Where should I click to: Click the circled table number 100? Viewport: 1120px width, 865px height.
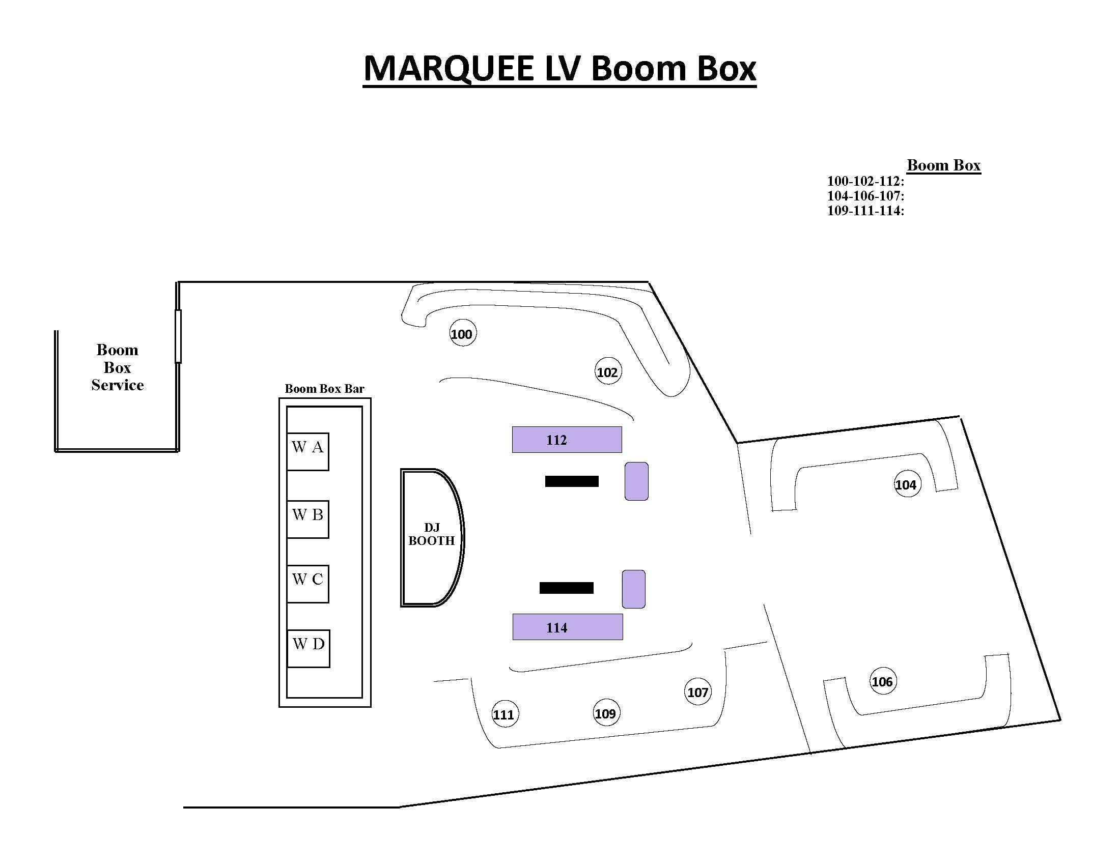[x=463, y=333]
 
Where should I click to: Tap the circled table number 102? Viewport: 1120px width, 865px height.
[x=608, y=371]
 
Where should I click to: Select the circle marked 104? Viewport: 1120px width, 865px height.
[x=907, y=484]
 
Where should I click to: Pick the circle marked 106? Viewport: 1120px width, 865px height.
[x=883, y=681]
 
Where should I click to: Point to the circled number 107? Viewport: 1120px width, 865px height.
[x=698, y=692]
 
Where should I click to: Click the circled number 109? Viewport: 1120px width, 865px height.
[x=606, y=713]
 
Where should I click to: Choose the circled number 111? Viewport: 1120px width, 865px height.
[x=504, y=714]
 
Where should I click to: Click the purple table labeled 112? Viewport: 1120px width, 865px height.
[x=567, y=440]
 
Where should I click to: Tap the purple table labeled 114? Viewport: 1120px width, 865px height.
[x=568, y=627]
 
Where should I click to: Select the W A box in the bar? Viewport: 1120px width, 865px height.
[x=307, y=451]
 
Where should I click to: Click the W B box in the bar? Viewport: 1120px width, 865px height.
[x=307, y=519]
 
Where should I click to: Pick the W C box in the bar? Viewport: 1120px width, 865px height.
[x=307, y=584]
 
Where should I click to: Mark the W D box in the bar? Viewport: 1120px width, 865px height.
[x=308, y=648]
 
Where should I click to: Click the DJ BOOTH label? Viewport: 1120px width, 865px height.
[x=431, y=534]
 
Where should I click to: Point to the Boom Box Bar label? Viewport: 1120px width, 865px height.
[x=324, y=389]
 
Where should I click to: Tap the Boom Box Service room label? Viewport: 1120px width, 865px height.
[x=118, y=367]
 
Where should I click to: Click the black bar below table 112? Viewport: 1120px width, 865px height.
[x=572, y=481]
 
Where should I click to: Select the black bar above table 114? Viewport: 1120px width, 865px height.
[x=566, y=588]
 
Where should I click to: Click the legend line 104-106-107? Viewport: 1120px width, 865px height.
[x=865, y=196]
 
